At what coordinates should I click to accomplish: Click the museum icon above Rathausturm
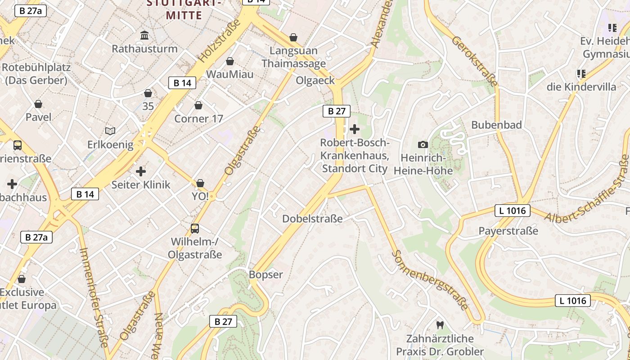tap(144, 35)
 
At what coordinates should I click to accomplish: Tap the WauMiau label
tap(229, 74)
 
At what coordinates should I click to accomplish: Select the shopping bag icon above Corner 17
tap(198, 105)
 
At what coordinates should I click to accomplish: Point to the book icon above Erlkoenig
tap(110, 131)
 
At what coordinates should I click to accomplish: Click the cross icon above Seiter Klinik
tap(141, 171)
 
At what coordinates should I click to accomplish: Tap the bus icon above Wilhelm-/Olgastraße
tap(195, 228)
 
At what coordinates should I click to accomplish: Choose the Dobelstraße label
tap(312, 219)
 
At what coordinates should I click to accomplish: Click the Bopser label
tap(266, 274)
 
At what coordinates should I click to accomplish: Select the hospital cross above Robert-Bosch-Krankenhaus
tap(355, 130)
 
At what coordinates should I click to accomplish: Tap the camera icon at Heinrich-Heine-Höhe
tap(423, 144)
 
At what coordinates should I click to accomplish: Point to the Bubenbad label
tap(496, 125)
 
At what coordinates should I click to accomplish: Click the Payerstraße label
tap(508, 231)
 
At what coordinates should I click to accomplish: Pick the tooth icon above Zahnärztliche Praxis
tap(440, 325)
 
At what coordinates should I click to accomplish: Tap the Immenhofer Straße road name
tap(95, 297)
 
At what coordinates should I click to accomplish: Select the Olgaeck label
tap(315, 81)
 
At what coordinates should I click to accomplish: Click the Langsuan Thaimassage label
tap(293, 57)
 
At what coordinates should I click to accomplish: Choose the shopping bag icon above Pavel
tap(38, 104)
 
